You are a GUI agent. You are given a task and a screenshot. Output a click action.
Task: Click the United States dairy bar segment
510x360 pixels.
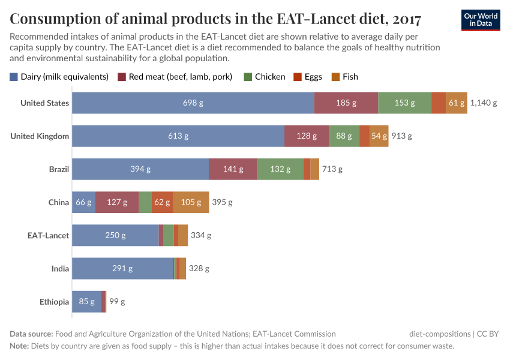click(x=193, y=103)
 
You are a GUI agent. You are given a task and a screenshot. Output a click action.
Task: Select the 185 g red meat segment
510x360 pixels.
click(x=346, y=103)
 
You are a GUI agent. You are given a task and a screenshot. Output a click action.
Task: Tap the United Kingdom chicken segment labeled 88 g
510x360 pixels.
click(x=344, y=136)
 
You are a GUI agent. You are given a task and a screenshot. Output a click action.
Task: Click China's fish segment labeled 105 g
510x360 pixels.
click(x=191, y=202)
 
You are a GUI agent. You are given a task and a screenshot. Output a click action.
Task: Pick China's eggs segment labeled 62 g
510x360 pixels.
click(x=162, y=202)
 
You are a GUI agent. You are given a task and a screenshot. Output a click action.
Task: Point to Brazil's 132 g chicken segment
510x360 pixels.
click(x=280, y=169)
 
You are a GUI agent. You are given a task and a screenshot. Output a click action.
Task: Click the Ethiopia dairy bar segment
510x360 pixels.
click(x=86, y=301)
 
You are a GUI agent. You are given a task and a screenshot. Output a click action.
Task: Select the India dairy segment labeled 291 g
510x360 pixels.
click(x=122, y=268)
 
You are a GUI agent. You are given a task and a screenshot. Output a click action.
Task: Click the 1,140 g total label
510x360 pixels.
click(x=484, y=103)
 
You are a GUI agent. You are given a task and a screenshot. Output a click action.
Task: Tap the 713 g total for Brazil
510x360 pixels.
click(x=332, y=169)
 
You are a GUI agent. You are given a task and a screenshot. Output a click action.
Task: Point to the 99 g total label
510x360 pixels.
click(x=117, y=301)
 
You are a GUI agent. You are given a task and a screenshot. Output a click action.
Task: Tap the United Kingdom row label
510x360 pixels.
click(x=40, y=136)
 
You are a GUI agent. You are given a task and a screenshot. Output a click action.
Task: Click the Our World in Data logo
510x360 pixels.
click(x=480, y=20)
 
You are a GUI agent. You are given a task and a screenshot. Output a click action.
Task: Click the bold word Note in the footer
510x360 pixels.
click(x=19, y=346)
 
